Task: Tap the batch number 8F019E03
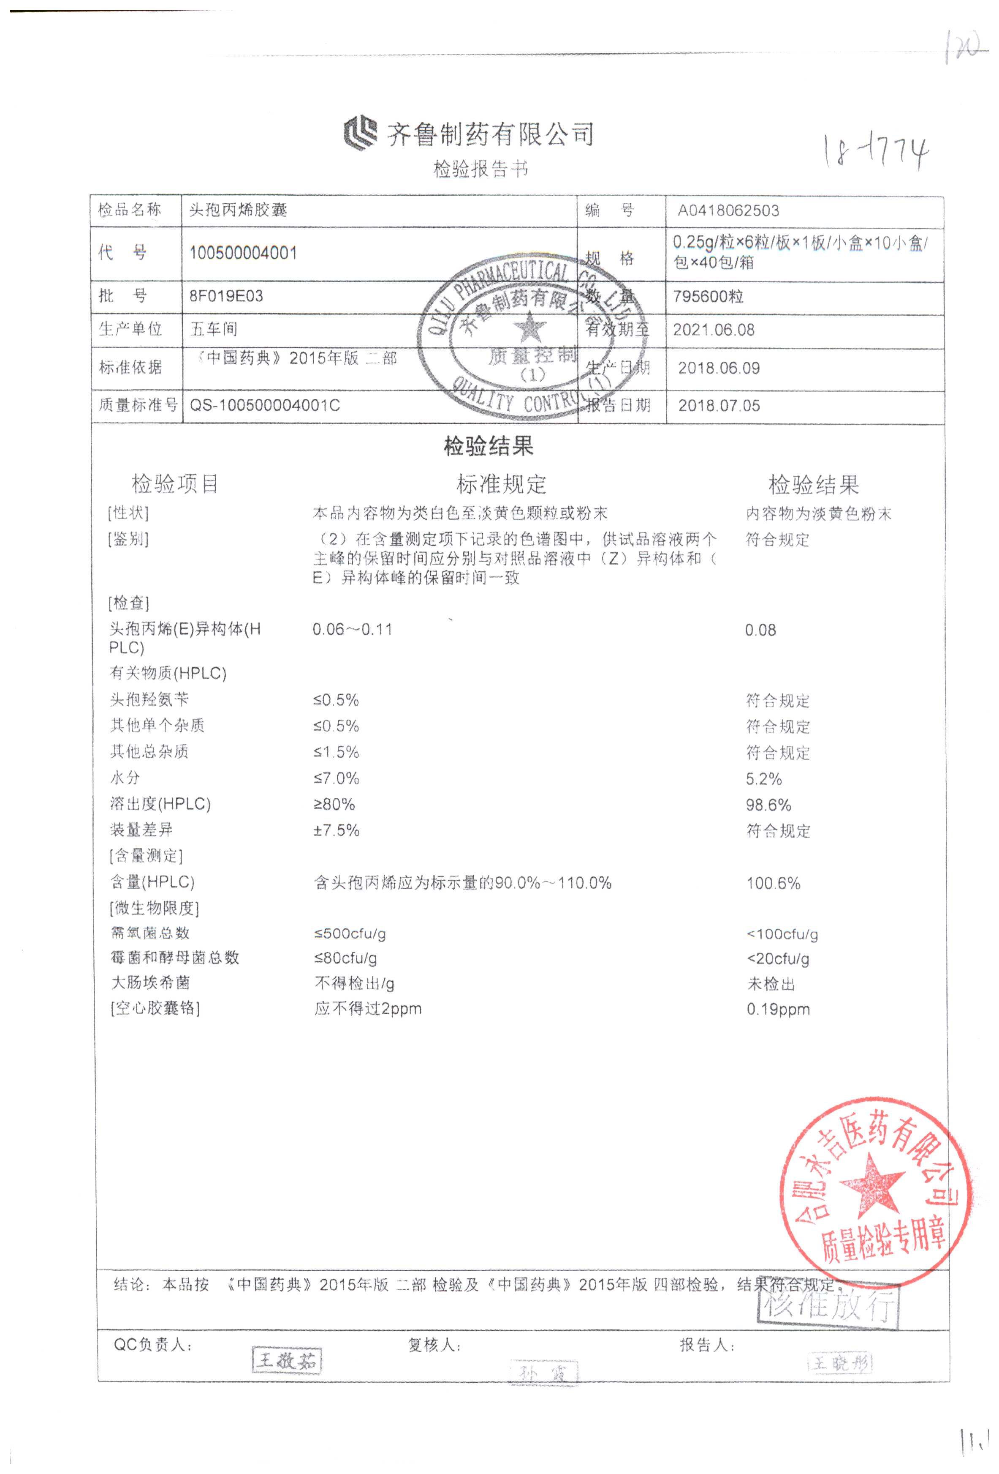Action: (x=225, y=296)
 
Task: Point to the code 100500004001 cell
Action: (x=243, y=253)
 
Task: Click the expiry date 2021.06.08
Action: (x=713, y=330)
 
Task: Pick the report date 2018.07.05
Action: (x=718, y=406)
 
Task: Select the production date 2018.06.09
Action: (x=718, y=368)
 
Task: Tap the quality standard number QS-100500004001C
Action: (x=265, y=405)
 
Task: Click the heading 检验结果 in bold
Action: (x=488, y=446)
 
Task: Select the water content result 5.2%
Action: (x=763, y=779)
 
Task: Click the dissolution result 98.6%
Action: (x=768, y=805)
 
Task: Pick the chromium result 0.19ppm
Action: (x=778, y=1009)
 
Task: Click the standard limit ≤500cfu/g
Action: (x=350, y=934)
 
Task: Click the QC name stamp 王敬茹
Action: (x=287, y=1360)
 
